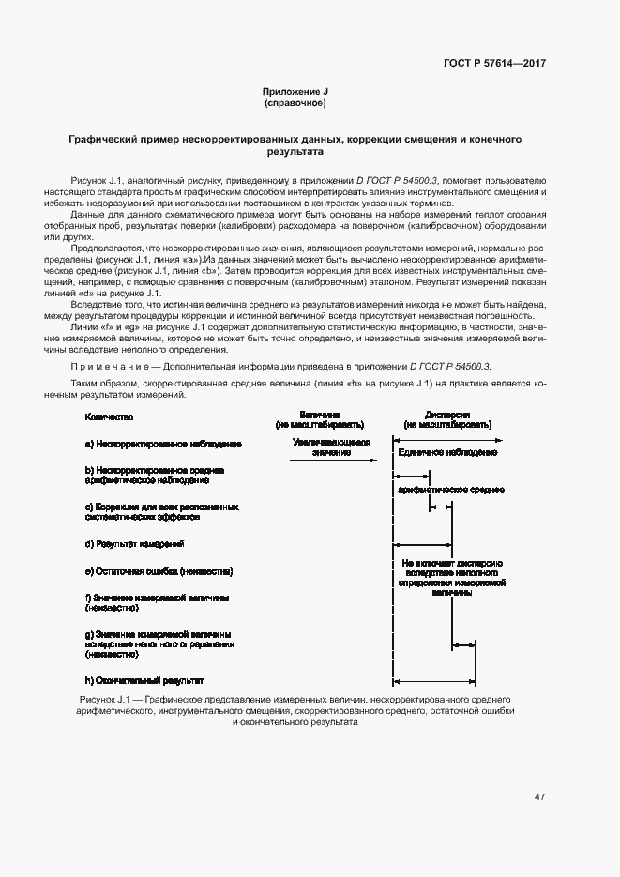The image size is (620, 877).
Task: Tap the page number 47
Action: click(x=539, y=797)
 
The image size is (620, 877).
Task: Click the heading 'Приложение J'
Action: click(x=295, y=91)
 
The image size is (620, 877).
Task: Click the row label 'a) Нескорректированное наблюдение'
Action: click(x=163, y=444)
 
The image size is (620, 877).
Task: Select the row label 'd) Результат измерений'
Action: click(x=134, y=543)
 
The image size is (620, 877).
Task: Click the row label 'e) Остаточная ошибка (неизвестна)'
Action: click(x=158, y=571)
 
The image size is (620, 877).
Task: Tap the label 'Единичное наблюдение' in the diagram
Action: click(x=446, y=453)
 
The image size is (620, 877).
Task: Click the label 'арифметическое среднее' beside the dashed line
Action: click(x=451, y=490)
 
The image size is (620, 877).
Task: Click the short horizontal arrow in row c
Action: click(x=441, y=508)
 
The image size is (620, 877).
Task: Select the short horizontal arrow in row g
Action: click(x=464, y=644)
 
